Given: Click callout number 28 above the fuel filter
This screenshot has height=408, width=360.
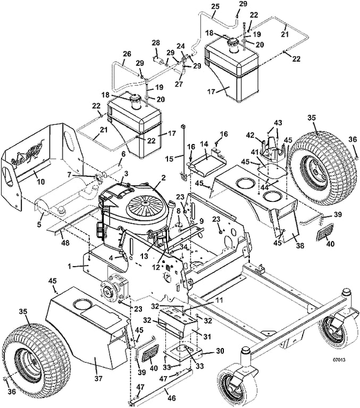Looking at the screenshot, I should (156, 43).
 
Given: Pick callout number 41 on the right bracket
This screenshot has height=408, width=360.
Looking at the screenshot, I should (255, 152).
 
